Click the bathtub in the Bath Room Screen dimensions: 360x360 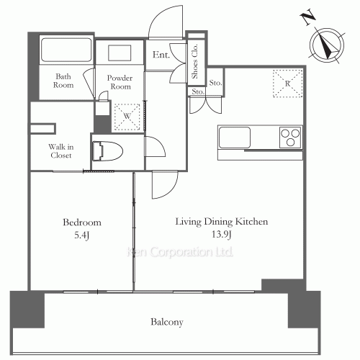pyautogui.click(x=66, y=50)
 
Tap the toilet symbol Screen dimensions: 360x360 pyautogui.click(x=108, y=151)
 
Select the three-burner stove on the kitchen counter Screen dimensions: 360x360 pyautogui.click(x=290, y=138)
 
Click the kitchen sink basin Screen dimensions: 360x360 pyautogui.click(x=235, y=138)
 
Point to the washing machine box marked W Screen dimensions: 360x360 pyautogui.click(x=127, y=117)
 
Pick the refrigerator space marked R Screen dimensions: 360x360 pyautogui.click(x=287, y=84)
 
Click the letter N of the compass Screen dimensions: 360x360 pyautogui.click(x=307, y=17)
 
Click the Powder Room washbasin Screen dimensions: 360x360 pyautogui.click(x=120, y=53)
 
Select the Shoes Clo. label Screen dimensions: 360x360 pyautogui.click(x=194, y=61)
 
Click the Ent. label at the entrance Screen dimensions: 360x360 pyautogui.click(x=161, y=55)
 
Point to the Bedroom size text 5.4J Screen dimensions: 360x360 pyautogui.click(x=82, y=235)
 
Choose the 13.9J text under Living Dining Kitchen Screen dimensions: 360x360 pyautogui.click(x=221, y=234)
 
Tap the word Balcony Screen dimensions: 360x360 pyautogui.click(x=167, y=322)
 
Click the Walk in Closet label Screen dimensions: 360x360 pyautogui.click(x=61, y=151)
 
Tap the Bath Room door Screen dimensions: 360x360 pyautogui.click(x=89, y=83)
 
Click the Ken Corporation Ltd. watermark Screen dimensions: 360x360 pyautogui.click(x=180, y=252)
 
